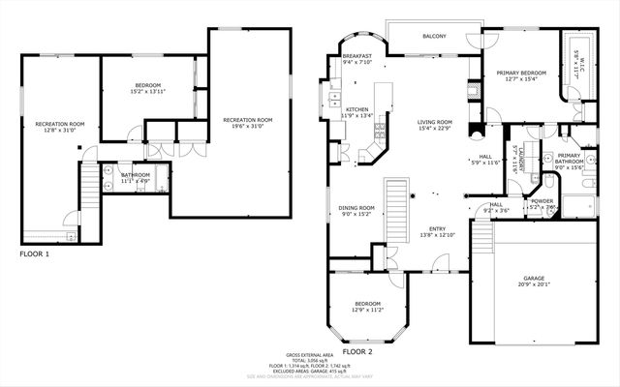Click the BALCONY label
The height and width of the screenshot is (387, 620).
[434, 37]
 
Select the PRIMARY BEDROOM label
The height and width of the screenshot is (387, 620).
[521, 74]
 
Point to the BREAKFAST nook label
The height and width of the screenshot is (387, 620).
[357, 56]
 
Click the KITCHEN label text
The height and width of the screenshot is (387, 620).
[357, 109]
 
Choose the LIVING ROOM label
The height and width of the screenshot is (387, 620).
[436, 122]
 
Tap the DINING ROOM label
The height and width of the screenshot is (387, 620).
[356, 207]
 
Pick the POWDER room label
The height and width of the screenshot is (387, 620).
[541, 200]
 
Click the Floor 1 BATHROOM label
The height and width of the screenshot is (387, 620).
[135, 175]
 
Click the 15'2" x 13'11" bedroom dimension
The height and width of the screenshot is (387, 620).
[147, 91]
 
